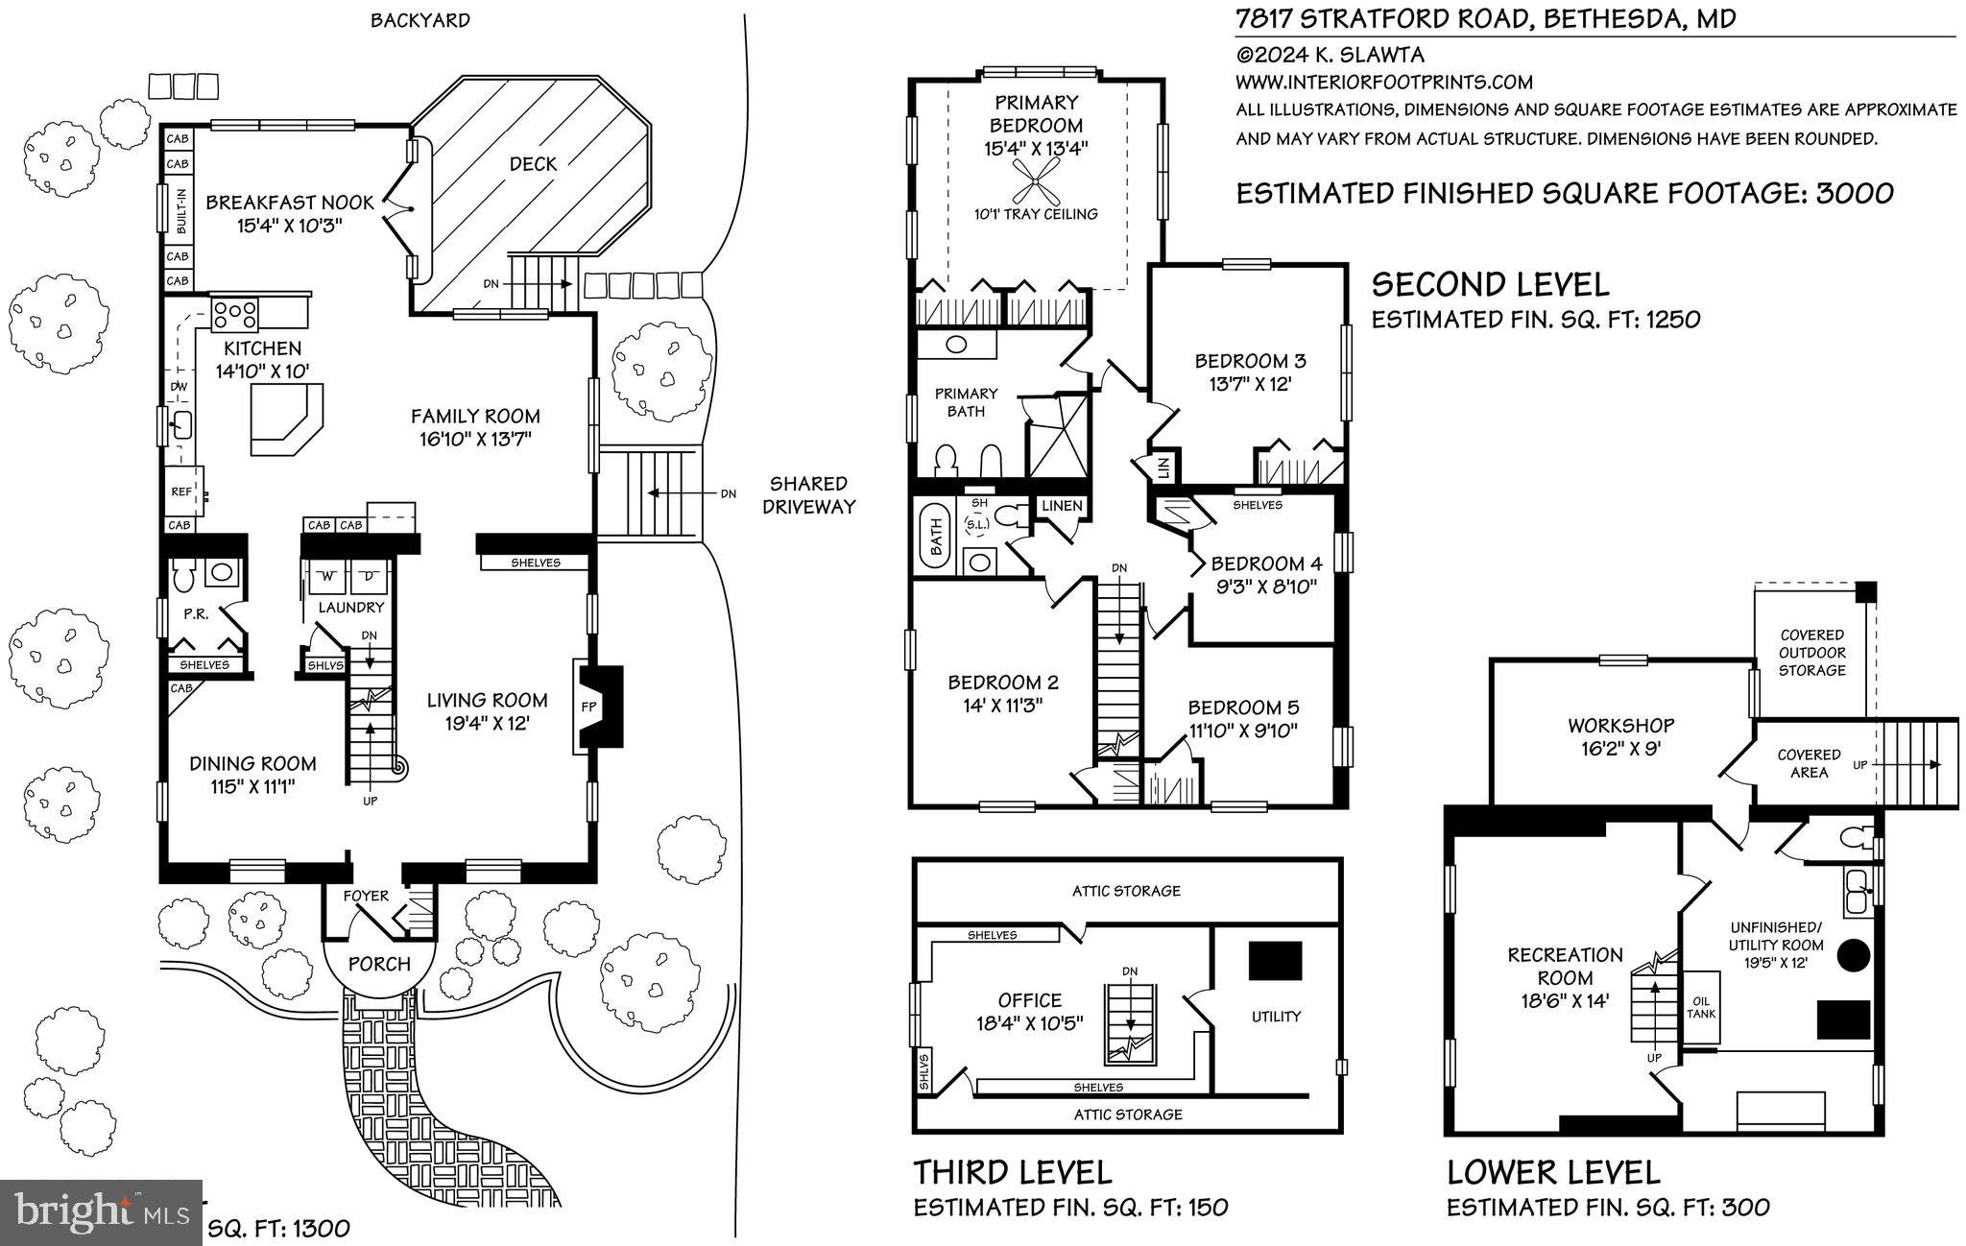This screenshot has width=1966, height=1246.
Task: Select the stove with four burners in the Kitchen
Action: click(235, 312)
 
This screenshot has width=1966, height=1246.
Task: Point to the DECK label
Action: click(533, 164)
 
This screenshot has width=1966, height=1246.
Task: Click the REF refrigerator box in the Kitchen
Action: click(182, 491)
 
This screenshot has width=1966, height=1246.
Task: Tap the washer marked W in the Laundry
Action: click(327, 576)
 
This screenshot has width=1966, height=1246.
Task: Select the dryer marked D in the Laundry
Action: click(369, 576)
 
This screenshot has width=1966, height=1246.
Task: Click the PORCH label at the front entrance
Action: click(379, 964)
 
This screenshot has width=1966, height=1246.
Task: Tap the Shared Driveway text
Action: click(808, 495)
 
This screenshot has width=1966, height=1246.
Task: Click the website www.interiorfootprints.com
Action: click(1383, 82)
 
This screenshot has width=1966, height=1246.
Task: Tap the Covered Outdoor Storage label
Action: click(1811, 653)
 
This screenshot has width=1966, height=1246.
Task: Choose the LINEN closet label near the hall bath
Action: click(1062, 506)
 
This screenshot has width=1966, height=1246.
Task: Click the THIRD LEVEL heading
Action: click(1012, 1172)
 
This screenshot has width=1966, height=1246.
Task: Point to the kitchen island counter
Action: click(285, 419)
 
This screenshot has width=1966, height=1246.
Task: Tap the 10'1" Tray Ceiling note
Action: click(1036, 214)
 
